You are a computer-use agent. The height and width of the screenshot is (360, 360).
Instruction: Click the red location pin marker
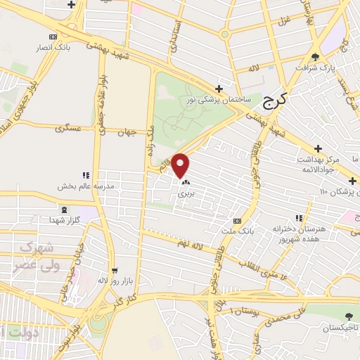pyautogui.click(x=181, y=166)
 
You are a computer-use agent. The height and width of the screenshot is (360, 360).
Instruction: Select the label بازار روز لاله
pyautogui.click(x=112, y=280)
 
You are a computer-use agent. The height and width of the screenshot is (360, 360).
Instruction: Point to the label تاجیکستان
pyautogui.click(x=340, y=328)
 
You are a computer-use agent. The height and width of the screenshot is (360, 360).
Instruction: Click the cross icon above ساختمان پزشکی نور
pyautogui.click(x=219, y=89)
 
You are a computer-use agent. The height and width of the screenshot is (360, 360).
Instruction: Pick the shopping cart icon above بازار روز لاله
pyautogui.click(x=114, y=269)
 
